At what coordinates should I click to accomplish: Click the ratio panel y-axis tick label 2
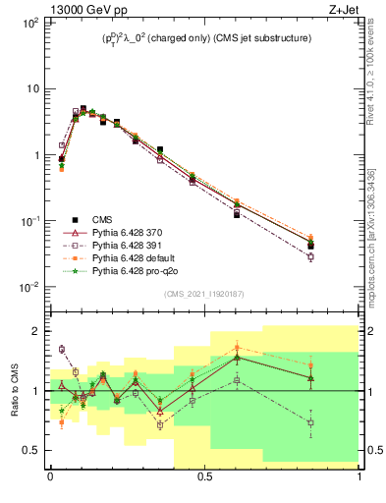[x=36, y=331]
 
